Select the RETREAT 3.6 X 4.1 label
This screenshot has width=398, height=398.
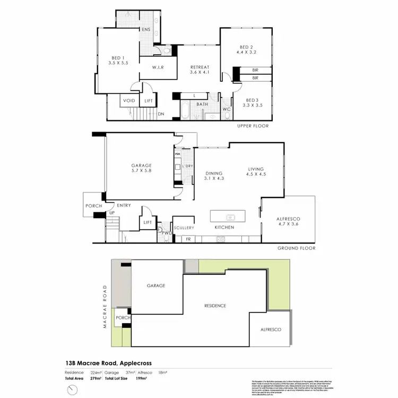(201, 70)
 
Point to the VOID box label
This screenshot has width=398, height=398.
(129, 101)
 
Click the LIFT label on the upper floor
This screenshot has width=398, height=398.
(149, 101)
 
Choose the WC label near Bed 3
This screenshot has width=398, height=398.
(226, 109)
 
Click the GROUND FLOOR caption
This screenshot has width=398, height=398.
(296, 248)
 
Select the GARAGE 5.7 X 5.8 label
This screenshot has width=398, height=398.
(141, 168)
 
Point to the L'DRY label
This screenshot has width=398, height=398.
(187, 167)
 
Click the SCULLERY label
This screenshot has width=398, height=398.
(184, 228)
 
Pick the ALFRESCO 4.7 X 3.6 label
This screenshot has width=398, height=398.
(289, 222)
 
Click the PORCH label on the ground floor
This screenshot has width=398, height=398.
(93, 206)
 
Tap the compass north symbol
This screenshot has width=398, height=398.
(73, 391)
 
